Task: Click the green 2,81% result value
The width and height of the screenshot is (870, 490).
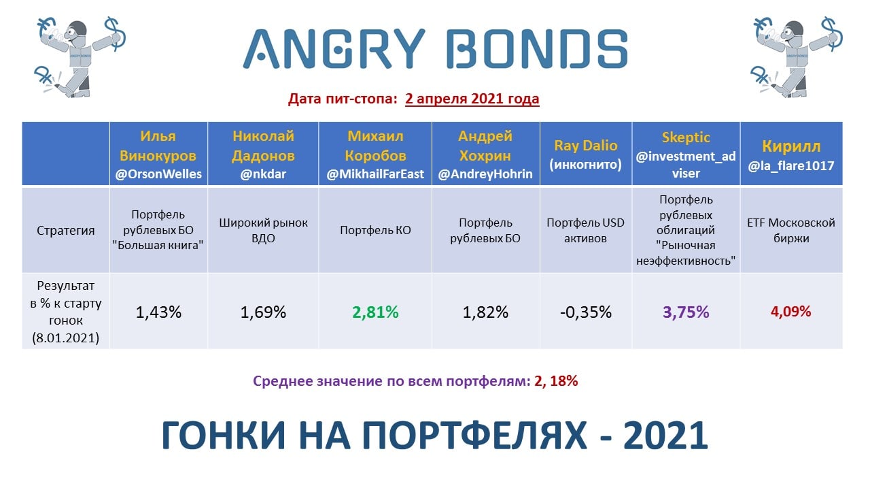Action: click(375, 312)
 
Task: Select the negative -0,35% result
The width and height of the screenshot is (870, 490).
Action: click(586, 312)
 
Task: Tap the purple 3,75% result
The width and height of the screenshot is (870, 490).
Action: click(686, 312)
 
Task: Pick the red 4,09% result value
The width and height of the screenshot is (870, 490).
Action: click(790, 312)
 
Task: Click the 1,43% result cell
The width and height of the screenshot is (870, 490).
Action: click(158, 312)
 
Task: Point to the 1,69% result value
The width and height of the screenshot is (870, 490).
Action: click(263, 312)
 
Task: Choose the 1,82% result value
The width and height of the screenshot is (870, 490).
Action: click(485, 312)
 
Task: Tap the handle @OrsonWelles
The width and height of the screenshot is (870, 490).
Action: click(158, 174)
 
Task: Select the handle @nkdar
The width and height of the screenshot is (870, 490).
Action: click(263, 174)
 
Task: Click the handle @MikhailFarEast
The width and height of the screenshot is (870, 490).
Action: click(375, 174)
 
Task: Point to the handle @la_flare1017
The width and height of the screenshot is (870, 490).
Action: click(790, 166)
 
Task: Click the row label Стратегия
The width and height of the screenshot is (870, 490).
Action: click(66, 230)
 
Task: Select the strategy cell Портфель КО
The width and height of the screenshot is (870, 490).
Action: click(375, 230)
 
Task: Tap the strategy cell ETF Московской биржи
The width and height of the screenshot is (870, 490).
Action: click(790, 230)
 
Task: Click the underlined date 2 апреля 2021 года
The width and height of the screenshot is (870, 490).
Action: click(472, 99)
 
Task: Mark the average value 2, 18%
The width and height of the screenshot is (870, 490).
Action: click(556, 381)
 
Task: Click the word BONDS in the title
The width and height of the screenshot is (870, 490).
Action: click(536, 49)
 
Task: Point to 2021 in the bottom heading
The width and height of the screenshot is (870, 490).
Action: click(665, 435)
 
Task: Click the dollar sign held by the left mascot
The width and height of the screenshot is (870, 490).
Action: click(116, 34)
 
